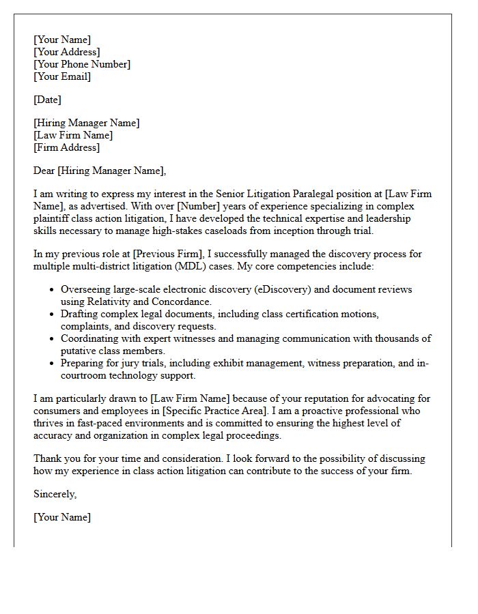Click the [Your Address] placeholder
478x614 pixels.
tap(66, 52)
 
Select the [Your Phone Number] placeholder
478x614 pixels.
tap(82, 64)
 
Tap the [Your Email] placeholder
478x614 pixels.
tap(62, 76)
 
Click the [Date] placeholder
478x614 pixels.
tap(47, 100)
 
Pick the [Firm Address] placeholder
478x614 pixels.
tap(66, 147)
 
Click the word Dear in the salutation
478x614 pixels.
tap(44, 171)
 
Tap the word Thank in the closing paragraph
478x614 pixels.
tap(48, 458)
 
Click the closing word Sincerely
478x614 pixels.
tap(55, 494)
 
